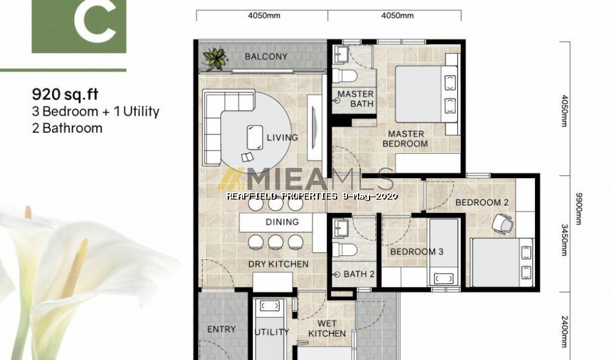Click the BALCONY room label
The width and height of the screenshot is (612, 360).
(x=266, y=56)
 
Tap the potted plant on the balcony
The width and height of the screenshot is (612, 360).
(x=215, y=59)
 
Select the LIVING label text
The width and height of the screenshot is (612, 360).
(x=282, y=137)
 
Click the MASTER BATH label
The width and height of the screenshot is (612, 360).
(x=356, y=99)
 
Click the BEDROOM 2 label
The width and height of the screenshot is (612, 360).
(x=482, y=202)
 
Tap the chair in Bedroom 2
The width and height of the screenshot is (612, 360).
(x=502, y=224)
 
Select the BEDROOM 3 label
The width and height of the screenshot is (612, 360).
(x=417, y=252)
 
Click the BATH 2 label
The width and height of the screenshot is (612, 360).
(x=359, y=274)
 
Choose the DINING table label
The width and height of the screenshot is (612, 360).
(x=282, y=222)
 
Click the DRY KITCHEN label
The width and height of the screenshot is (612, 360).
(x=278, y=264)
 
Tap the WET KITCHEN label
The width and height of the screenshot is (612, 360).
(x=327, y=328)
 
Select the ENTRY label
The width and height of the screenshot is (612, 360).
(x=222, y=329)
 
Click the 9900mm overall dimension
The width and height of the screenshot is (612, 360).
(x=579, y=209)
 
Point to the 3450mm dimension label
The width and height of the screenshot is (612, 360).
(x=564, y=240)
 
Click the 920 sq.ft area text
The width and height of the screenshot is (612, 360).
(x=65, y=94)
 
